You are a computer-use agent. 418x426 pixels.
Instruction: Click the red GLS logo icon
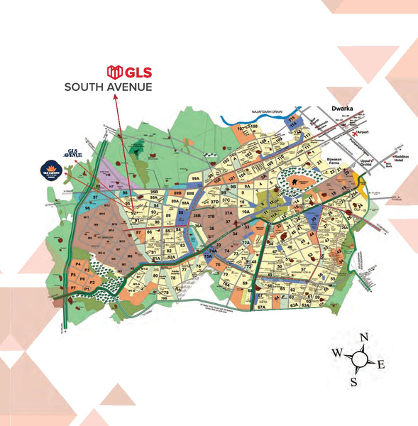[x=114, y=72]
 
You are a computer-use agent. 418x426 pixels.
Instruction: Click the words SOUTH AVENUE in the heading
[x=108, y=88]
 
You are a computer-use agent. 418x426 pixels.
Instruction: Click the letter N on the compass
[x=364, y=337]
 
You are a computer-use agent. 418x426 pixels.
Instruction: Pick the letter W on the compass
[x=337, y=354]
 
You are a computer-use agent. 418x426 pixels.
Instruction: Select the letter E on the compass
[x=380, y=365]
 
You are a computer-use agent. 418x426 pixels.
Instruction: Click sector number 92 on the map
[x=133, y=212]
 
